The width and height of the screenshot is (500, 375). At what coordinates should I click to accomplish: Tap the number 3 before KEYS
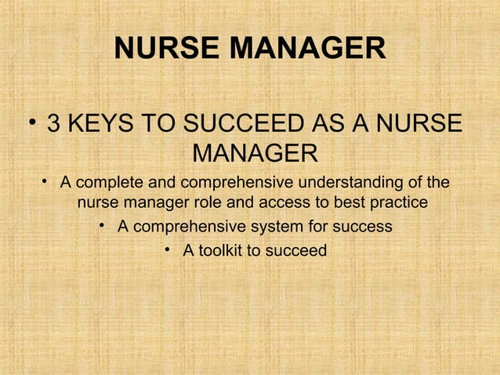tap(54, 126)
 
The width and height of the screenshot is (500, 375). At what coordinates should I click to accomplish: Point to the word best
tap(351, 203)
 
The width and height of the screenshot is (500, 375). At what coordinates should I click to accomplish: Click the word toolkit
tap(221, 251)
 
